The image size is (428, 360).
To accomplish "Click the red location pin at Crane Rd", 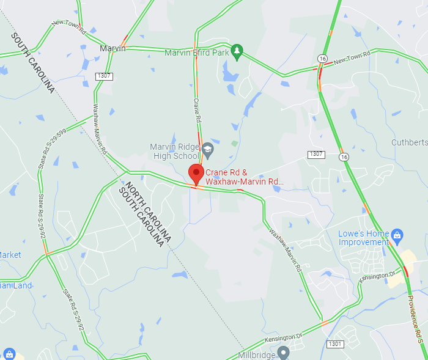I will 196,174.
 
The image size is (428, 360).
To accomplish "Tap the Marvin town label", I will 113,48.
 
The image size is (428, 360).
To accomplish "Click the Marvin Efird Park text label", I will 196,53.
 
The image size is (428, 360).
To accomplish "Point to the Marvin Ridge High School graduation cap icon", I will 208,149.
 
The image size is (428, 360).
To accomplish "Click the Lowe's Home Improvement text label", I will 364,238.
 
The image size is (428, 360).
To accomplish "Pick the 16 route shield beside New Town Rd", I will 322,57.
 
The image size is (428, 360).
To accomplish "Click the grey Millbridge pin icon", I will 282,353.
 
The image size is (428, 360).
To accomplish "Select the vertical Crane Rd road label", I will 197,111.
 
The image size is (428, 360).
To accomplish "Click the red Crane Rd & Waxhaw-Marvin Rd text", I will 245,177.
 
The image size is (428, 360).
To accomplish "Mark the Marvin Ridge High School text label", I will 175,151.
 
